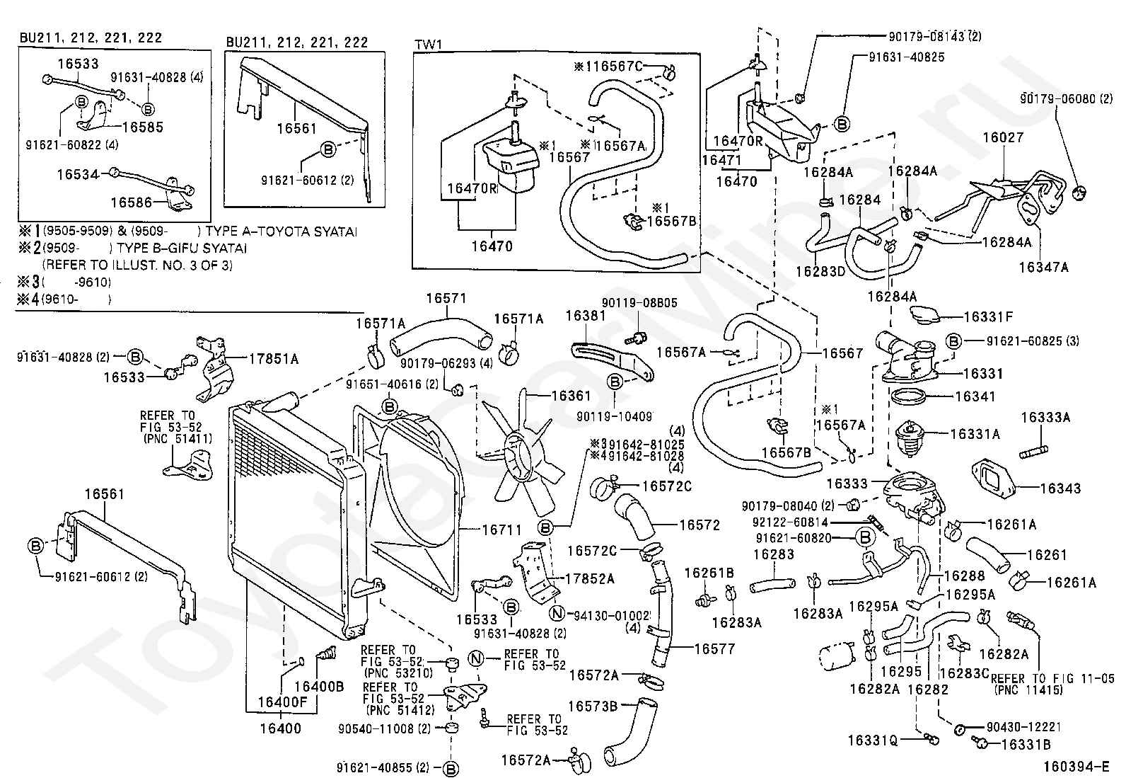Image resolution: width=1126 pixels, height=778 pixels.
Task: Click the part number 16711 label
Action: [501, 529]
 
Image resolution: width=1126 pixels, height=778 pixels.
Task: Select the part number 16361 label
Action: [570, 396]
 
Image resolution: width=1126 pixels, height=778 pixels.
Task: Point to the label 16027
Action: [1002, 137]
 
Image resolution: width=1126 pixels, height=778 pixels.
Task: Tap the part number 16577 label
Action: [714, 648]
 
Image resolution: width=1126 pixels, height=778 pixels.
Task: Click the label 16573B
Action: [593, 706]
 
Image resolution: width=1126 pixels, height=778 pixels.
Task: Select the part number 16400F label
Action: [282, 702]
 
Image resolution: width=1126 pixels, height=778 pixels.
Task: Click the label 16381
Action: [586, 316]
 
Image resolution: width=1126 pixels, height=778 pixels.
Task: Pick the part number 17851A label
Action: [273, 360]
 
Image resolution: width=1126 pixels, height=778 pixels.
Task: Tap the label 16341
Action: [975, 397]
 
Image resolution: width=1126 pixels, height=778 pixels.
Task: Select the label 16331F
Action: [988, 317]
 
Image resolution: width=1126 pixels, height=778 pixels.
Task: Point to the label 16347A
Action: [1043, 267]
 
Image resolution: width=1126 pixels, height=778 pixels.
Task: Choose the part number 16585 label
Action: [142, 127]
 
